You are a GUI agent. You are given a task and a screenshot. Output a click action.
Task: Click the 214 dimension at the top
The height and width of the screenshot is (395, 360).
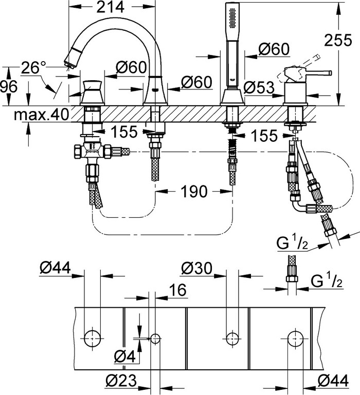tap(111, 7)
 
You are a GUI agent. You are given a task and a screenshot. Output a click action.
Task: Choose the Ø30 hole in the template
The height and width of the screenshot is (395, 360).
tap(231, 337)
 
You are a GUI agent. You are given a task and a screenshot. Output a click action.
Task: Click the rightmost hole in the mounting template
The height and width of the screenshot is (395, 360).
tap(294, 337)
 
